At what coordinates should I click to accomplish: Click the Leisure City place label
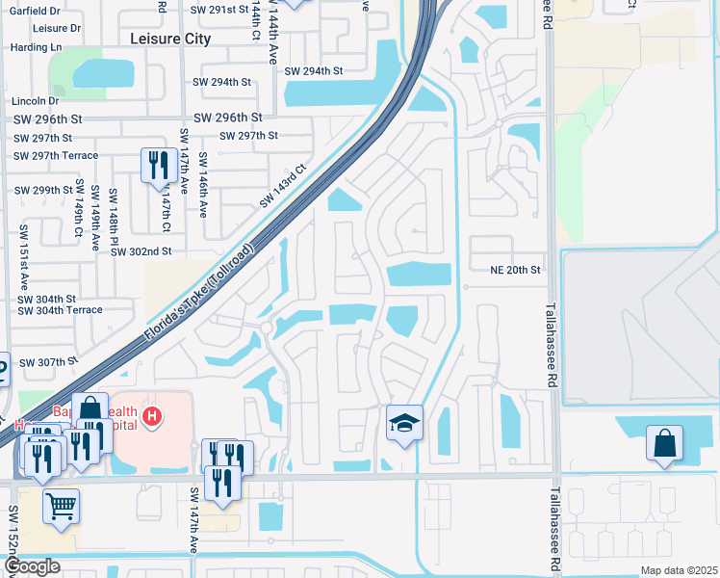(x=169, y=39)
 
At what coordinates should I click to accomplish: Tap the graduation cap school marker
(x=404, y=423)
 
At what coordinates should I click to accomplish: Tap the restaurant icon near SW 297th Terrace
(x=156, y=165)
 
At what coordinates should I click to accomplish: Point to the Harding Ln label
(x=36, y=47)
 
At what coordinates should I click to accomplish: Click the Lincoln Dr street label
(x=35, y=101)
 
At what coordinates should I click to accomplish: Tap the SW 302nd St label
(x=141, y=251)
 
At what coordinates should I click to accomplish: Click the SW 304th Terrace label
(x=60, y=310)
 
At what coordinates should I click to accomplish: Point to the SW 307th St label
(x=47, y=362)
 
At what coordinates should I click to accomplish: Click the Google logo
(x=31, y=566)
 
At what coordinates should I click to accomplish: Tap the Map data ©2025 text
(x=678, y=570)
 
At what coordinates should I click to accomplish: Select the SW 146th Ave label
(x=203, y=184)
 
